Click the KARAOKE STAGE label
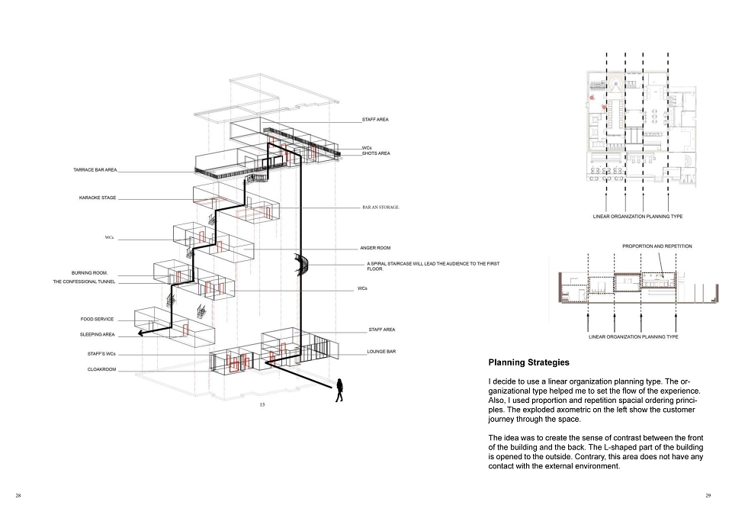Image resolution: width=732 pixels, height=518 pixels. click(98, 198)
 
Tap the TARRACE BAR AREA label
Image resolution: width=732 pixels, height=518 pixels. click(96, 170)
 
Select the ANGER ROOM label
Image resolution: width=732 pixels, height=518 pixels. click(375, 248)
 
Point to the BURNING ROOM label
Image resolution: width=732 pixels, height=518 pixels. click(90, 273)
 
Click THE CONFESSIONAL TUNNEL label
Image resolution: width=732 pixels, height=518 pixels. click(84, 282)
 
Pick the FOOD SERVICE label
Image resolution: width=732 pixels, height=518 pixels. click(97, 320)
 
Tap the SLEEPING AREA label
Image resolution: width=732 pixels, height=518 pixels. click(97, 335)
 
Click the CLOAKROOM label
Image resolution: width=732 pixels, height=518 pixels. click(101, 369)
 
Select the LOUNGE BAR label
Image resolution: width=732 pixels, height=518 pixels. click(381, 352)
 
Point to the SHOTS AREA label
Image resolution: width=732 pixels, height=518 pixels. click(376, 153)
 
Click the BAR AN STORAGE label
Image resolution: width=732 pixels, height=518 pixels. click(381, 208)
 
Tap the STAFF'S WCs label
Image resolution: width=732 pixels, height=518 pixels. click(101, 354)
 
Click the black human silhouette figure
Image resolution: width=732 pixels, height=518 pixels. click(339, 390)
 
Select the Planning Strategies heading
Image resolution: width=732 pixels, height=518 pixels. click(529, 362)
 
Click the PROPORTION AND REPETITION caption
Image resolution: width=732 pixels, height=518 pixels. click(657, 246)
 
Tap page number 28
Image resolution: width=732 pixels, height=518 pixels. click(18, 496)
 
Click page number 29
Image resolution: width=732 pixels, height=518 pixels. click(708, 496)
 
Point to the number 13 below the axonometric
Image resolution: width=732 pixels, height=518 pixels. click(262, 405)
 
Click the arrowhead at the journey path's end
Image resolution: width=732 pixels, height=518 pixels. click(140, 333)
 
